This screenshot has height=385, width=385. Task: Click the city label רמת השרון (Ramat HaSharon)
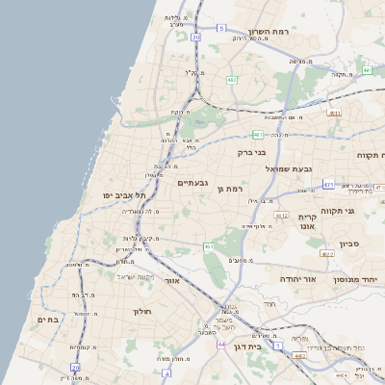point(295,32)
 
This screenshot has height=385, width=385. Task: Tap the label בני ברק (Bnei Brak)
point(251,151)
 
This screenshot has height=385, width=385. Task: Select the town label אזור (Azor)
point(174,281)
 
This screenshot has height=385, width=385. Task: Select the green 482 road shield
point(231,79)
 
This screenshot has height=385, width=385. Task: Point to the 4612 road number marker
point(281,216)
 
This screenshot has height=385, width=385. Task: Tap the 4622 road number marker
point(326,254)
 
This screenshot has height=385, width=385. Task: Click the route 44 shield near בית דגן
point(222,344)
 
